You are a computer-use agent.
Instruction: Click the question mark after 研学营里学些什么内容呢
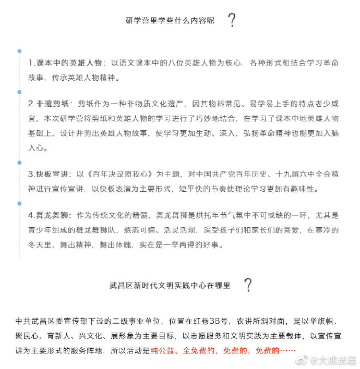[x=232, y=20]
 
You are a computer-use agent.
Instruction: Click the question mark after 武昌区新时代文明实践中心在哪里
[x=248, y=285]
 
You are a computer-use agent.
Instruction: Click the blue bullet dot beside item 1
[x=19, y=51]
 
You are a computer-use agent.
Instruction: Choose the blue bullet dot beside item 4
[x=19, y=202]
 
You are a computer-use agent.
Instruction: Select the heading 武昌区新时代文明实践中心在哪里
[x=170, y=286]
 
